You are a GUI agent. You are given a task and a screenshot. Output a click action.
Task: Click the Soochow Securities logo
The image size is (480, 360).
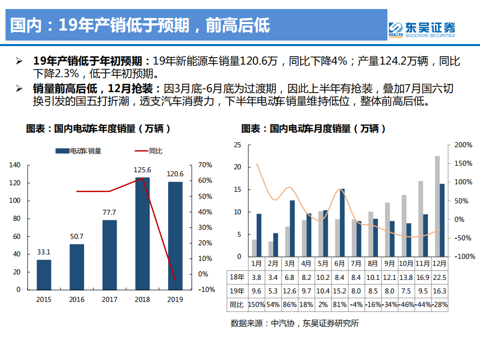click(x=421, y=29)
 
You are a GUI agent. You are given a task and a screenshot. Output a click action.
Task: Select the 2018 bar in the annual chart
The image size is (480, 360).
click(x=142, y=233)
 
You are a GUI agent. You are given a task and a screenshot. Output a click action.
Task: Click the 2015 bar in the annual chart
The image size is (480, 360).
click(x=44, y=274)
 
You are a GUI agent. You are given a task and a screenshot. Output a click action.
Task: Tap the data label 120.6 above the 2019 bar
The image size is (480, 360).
click(x=175, y=174)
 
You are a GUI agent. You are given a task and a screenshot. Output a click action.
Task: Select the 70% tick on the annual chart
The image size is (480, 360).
click(x=206, y=165)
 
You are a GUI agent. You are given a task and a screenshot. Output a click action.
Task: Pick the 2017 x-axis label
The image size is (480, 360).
click(x=109, y=299)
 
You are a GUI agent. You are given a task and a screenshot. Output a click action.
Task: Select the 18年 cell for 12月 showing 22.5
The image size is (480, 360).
click(x=439, y=277)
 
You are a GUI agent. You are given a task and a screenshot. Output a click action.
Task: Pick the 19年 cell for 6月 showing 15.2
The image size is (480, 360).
click(x=339, y=291)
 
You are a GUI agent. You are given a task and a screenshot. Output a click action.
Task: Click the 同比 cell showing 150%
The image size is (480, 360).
click(x=256, y=304)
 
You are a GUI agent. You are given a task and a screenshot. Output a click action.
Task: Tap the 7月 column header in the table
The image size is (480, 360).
click(x=356, y=263)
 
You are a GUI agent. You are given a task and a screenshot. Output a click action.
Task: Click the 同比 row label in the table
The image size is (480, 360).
click(x=236, y=304)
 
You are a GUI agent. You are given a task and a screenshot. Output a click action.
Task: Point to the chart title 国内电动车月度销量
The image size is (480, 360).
click(x=313, y=129)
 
